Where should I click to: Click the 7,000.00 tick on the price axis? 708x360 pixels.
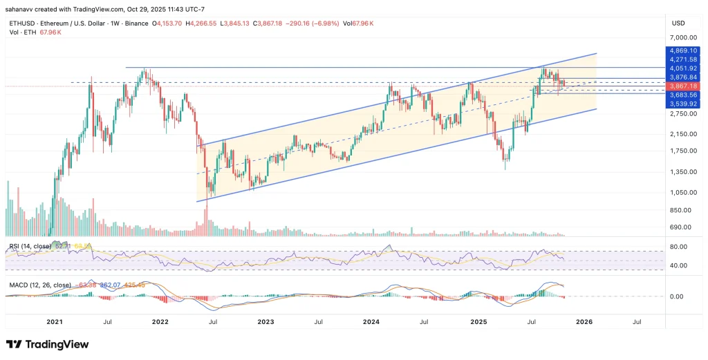coord(682,38)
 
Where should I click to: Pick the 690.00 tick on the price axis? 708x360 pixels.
coord(682,227)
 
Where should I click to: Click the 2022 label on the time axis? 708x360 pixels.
coord(160,321)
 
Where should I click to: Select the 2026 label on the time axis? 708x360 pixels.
coord(584,321)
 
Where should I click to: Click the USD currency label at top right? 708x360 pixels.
coord(678,23)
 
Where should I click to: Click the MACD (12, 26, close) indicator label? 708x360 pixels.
coord(40,284)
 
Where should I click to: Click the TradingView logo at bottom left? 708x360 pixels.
coord(48,344)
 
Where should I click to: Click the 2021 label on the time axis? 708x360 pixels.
coord(55,321)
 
